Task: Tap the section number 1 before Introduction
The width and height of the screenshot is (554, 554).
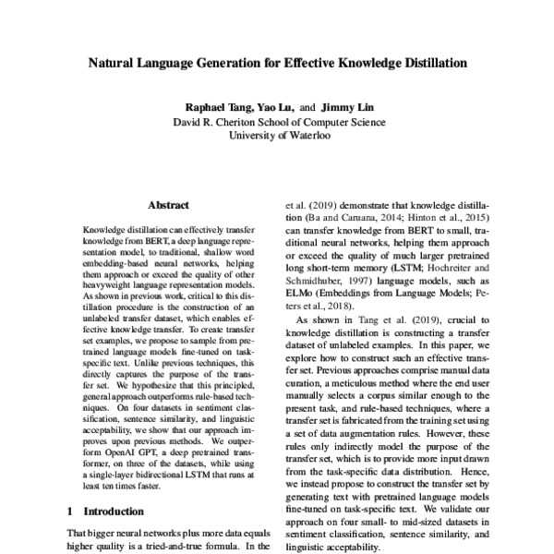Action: (71, 510)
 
